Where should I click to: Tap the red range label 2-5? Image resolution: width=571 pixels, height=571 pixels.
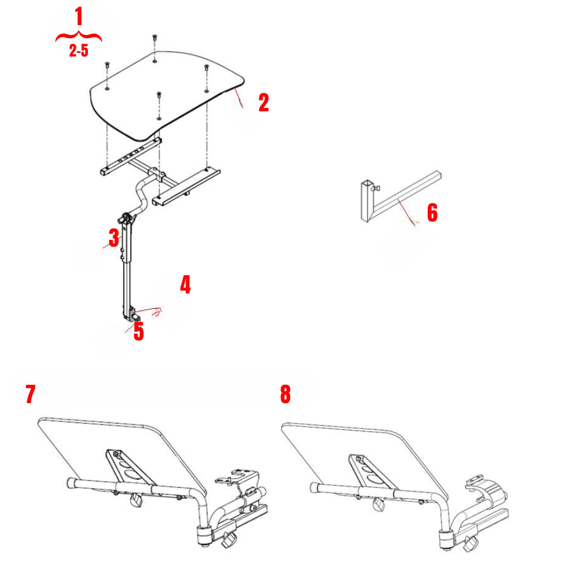tap(79, 51)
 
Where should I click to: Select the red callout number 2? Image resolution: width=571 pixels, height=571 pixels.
tap(263, 103)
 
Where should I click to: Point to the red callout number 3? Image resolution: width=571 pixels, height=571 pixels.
tap(114, 238)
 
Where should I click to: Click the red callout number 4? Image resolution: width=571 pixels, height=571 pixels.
tap(185, 284)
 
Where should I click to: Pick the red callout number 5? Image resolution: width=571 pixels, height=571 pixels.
tap(139, 331)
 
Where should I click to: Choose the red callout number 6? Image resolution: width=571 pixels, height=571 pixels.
tap(432, 213)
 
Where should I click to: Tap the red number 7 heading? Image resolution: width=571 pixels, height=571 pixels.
tap(31, 395)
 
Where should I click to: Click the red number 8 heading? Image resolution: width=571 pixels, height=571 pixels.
tap(285, 395)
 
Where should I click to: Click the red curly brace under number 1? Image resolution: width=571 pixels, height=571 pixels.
tap(79, 38)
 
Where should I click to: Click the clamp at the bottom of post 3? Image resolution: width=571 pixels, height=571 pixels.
tap(135, 313)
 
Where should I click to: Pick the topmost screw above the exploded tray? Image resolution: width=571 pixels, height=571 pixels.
tap(155, 38)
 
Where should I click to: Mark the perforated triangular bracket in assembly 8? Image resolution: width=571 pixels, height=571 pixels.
tap(369, 471)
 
